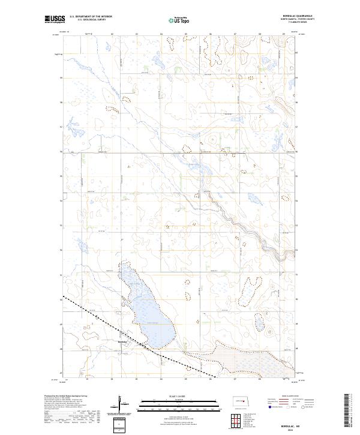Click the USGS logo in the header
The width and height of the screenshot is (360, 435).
pyautogui.click(x=55, y=20)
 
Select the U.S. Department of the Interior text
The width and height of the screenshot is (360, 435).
pyautogui.click(x=91, y=17)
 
